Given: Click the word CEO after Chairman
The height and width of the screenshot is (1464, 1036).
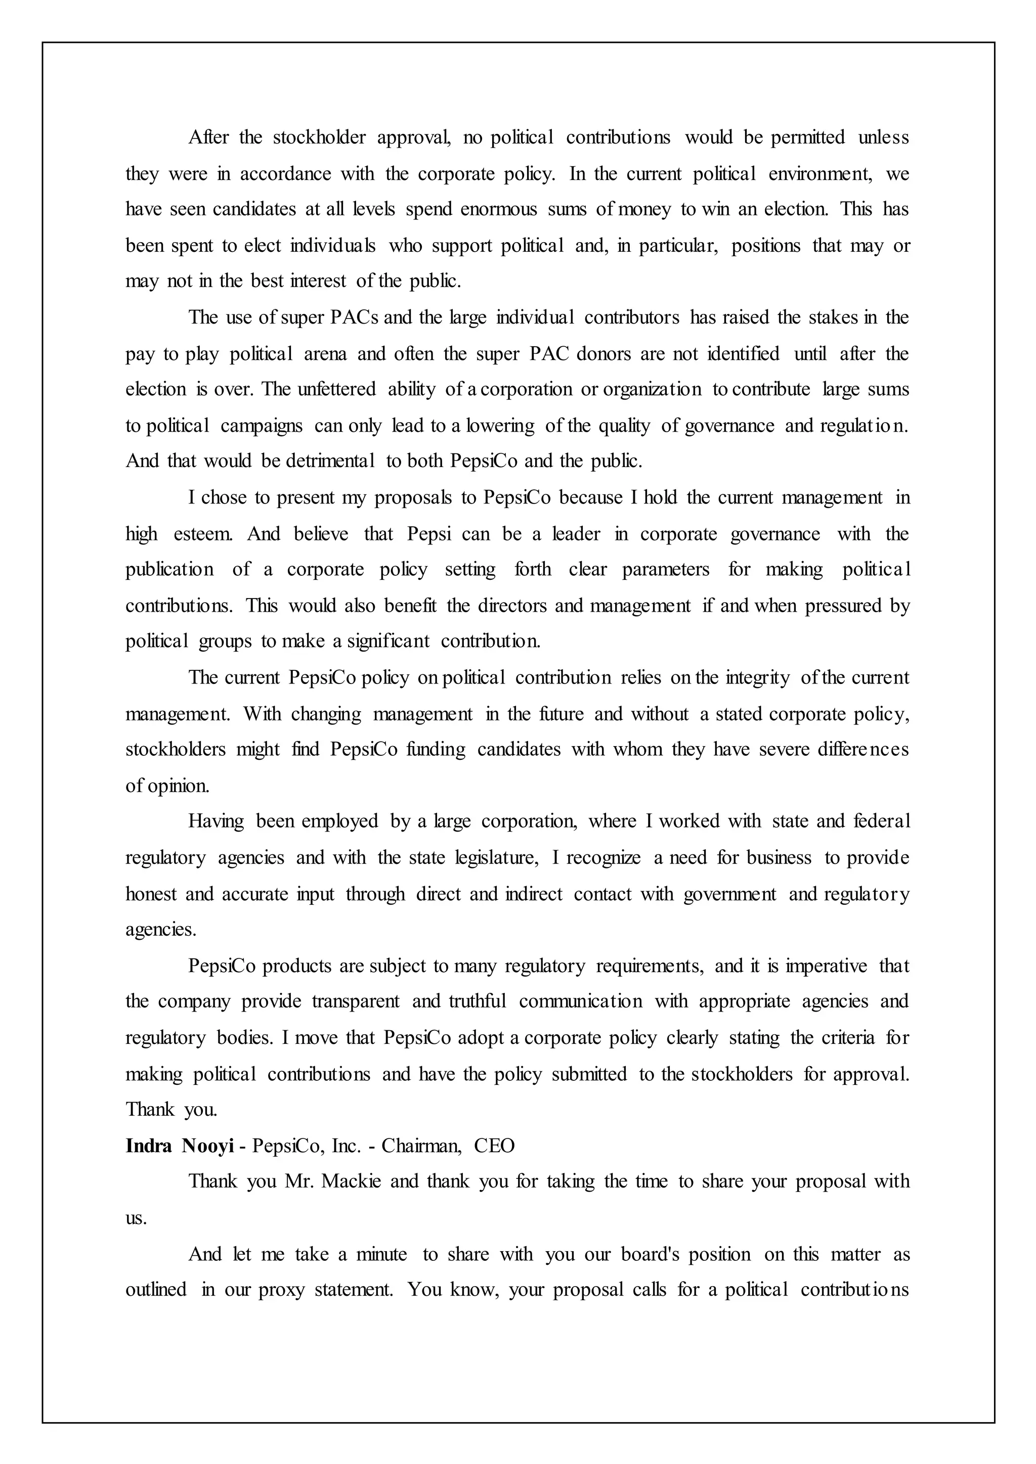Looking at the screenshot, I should click(x=494, y=1146).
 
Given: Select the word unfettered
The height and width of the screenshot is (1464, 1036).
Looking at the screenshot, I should click(x=336, y=389).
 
